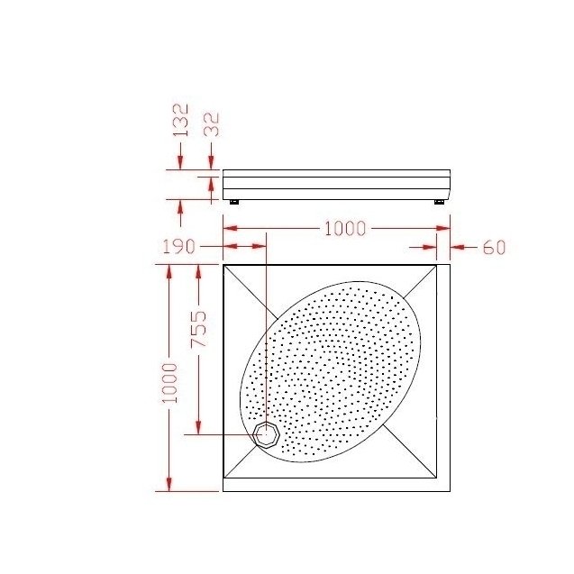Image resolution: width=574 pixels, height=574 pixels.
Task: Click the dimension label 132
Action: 180,120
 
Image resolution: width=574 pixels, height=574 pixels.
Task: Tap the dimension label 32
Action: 211,124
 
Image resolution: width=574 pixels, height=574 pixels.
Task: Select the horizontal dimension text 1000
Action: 345,229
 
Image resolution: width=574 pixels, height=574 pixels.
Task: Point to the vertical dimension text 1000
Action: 169,383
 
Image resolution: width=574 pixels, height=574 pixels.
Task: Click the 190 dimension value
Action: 178,247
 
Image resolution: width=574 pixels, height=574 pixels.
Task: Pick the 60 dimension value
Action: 494,248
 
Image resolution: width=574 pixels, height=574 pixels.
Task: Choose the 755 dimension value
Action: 199,329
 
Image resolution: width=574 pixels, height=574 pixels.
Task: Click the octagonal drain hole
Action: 267,434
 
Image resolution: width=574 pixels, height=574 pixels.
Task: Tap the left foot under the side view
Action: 234,202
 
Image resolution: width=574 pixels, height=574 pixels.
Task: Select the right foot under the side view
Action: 439,202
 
